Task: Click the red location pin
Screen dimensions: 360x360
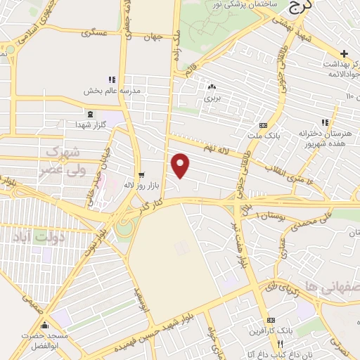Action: coord(181,165)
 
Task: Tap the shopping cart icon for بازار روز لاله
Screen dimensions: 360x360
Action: coord(141,174)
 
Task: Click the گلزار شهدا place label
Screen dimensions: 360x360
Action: coord(89,124)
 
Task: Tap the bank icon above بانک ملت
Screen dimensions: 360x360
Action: coord(263,117)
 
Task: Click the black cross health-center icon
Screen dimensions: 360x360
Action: coord(344,53)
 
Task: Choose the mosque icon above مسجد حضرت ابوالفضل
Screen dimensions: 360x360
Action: coord(46,326)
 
